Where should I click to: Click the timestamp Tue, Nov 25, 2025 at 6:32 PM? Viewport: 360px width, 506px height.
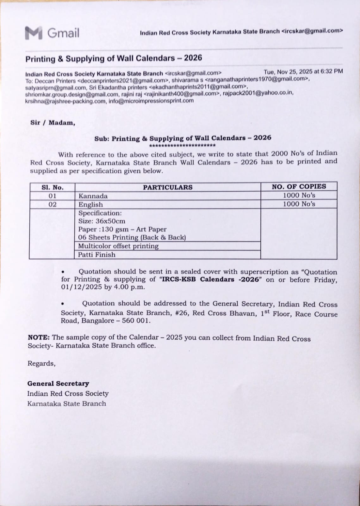click(x=303, y=71)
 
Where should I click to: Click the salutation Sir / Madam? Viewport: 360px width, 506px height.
click(x=53, y=123)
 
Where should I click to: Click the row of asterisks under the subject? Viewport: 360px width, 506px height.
click(x=182, y=145)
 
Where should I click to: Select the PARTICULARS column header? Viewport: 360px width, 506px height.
click(x=168, y=187)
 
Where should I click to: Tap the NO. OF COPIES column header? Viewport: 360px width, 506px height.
click(x=299, y=187)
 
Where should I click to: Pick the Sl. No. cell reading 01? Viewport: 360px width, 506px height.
click(x=53, y=196)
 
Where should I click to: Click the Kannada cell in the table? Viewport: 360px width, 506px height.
click(x=93, y=196)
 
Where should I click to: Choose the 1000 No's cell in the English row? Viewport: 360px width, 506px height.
click(x=299, y=204)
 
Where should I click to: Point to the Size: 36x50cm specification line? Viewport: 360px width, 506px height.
click(x=102, y=221)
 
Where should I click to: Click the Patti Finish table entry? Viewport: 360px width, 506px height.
click(x=97, y=255)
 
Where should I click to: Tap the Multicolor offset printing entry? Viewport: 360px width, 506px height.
click(x=118, y=246)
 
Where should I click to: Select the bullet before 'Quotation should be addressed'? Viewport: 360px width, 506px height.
click(x=63, y=304)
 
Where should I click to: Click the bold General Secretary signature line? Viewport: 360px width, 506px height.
click(x=58, y=384)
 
